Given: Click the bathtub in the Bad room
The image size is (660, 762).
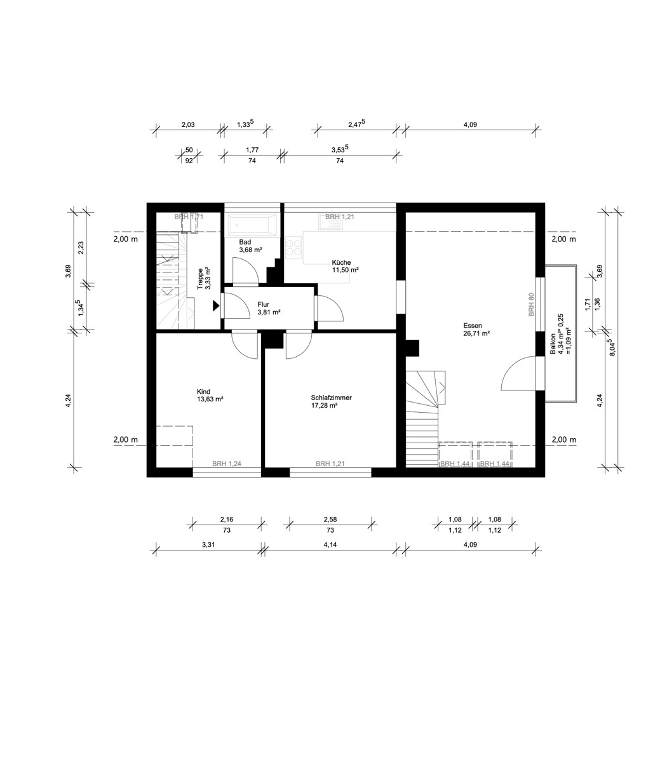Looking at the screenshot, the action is (x=253, y=225).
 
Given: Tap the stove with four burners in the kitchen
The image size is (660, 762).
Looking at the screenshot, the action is (x=293, y=246).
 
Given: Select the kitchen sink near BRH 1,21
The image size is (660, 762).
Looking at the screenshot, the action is (x=331, y=222).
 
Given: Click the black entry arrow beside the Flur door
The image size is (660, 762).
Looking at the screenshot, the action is (x=216, y=305).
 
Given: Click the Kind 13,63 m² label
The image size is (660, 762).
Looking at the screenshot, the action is (x=210, y=395).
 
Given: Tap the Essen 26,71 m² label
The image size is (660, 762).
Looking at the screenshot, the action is (x=476, y=330).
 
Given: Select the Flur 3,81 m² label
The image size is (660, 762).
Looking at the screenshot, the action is (x=269, y=308).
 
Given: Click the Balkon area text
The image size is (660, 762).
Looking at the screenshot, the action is (x=560, y=334).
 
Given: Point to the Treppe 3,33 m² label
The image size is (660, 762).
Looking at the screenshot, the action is (x=204, y=278).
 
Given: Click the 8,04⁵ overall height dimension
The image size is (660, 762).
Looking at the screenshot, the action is (x=612, y=347).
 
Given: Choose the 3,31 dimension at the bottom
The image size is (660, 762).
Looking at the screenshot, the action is (x=208, y=544).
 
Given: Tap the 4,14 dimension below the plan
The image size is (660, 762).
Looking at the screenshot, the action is (x=330, y=544).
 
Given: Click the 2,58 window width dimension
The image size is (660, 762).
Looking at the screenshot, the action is (x=330, y=519).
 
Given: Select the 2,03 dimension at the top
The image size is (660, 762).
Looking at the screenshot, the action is (x=188, y=124).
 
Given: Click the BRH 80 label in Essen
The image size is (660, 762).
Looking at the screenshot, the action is (x=531, y=305).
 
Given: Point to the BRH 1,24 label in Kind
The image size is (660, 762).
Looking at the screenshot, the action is (x=227, y=464).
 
